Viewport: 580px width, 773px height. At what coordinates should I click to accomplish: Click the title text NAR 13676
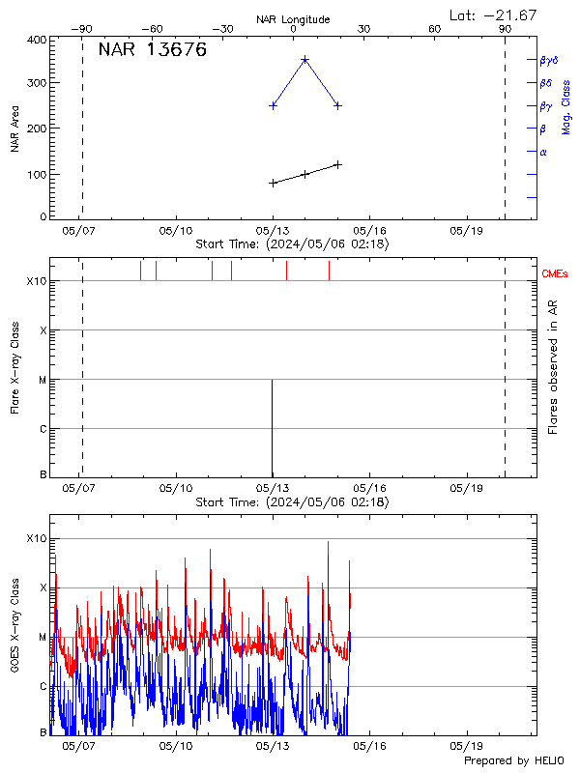click(x=152, y=51)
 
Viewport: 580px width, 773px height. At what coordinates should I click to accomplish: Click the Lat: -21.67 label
click(x=494, y=14)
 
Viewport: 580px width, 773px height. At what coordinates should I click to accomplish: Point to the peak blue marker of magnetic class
click(x=305, y=59)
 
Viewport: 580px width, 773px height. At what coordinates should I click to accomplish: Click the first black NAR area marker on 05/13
click(x=274, y=183)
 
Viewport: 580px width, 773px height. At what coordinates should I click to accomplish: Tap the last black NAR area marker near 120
click(x=337, y=164)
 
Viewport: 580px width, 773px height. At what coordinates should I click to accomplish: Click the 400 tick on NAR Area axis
click(x=35, y=41)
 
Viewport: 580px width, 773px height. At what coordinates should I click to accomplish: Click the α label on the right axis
click(x=543, y=152)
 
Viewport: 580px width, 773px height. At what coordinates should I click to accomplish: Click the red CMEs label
click(x=555, y=274)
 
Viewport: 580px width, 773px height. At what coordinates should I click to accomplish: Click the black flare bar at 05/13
click(x=272, y=430)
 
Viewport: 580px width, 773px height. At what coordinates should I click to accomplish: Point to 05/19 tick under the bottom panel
click(x=467, y=747)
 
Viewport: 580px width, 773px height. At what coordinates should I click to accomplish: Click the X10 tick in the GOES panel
click(x=37, y=538)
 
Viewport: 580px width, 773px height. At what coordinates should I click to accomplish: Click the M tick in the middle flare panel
click(x=42, y=380)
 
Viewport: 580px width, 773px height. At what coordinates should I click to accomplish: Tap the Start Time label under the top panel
click(x=292, y=244)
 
